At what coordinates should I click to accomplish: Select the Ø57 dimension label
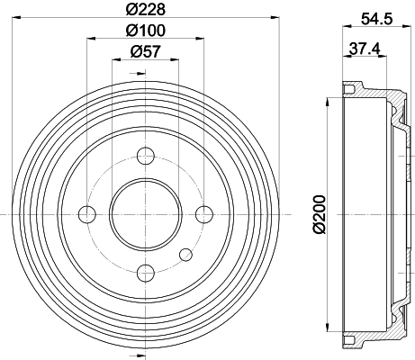pyautogui.click(x=146, y=52)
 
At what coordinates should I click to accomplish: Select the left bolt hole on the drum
pyautogui.click(x=87, y=213)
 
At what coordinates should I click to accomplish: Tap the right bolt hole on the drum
pyautogui.click(x=204, y=213)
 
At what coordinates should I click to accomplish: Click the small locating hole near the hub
pyautogui.click(x=185, y=253)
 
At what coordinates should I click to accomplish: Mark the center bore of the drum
pyautogui.click(x=146, y=213)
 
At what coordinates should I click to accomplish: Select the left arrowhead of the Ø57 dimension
pyautogui.click(x=114, y=60)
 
